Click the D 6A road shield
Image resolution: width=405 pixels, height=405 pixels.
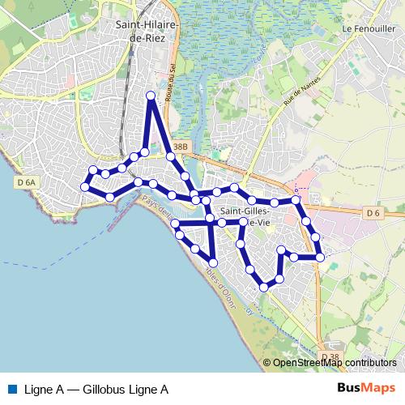[27, 183]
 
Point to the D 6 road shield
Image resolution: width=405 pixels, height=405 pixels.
[372, 213]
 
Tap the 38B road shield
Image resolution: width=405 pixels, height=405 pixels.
[180, 147]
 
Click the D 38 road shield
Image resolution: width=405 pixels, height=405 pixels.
[329, 357]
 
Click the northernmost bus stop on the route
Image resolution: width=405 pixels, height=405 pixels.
[150, 96]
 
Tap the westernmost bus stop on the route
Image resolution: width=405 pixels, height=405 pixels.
[84, 187]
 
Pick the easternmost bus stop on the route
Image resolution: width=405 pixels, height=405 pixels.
[320, 257]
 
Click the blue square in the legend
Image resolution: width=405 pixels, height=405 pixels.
[11, 390]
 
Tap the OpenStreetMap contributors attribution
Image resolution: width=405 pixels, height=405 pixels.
[330, 363]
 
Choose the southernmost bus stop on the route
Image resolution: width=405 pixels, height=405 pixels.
[264, 286]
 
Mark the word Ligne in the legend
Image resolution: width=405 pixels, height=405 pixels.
[38, 390]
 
